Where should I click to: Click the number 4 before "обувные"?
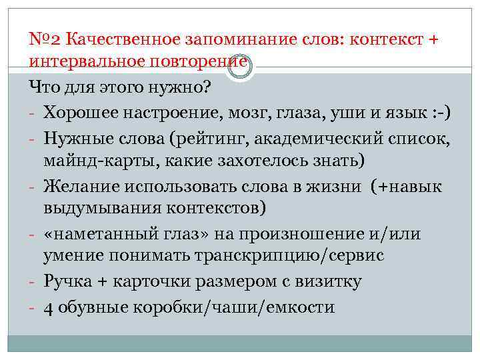point(49,308)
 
